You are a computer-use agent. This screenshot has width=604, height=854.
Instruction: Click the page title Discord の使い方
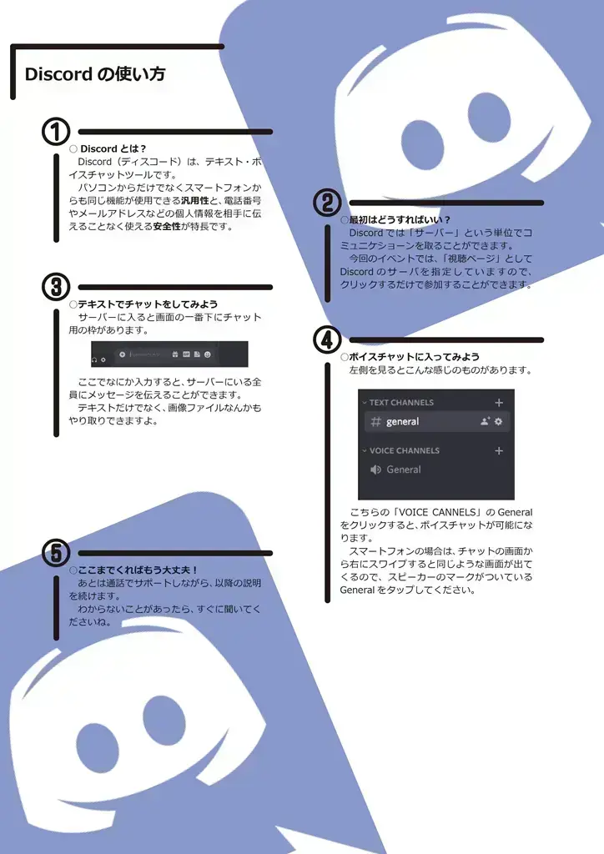tap(95, 74)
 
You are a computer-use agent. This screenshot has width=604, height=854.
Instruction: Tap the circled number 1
tap(55, 132)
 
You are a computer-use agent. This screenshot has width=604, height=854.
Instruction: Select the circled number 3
tap(55, 286)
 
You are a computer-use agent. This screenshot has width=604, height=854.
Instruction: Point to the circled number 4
tap(326, 339)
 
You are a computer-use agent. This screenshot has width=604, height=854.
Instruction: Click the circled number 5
tap(55, 552)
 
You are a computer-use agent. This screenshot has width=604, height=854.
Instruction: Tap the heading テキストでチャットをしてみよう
tap(148, 304)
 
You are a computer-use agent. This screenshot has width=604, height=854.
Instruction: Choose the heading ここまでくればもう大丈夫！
tap(138, 570)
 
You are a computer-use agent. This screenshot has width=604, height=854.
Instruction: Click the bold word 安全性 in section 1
tap(167, 226)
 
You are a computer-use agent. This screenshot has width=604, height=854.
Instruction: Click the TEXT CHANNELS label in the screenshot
tap(401, 403)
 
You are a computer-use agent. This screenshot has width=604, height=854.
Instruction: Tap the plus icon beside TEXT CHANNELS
tap(499, 403)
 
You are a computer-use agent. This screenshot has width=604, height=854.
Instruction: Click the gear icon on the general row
tap(499, 422)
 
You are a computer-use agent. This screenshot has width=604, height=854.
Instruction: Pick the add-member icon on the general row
tap(485, 422)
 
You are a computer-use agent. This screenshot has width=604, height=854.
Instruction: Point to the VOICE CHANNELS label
tap(404, 450)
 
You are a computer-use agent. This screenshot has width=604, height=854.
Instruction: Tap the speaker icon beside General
tap(375, 470)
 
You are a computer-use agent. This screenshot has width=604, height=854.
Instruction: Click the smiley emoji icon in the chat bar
tap(208, 354)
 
